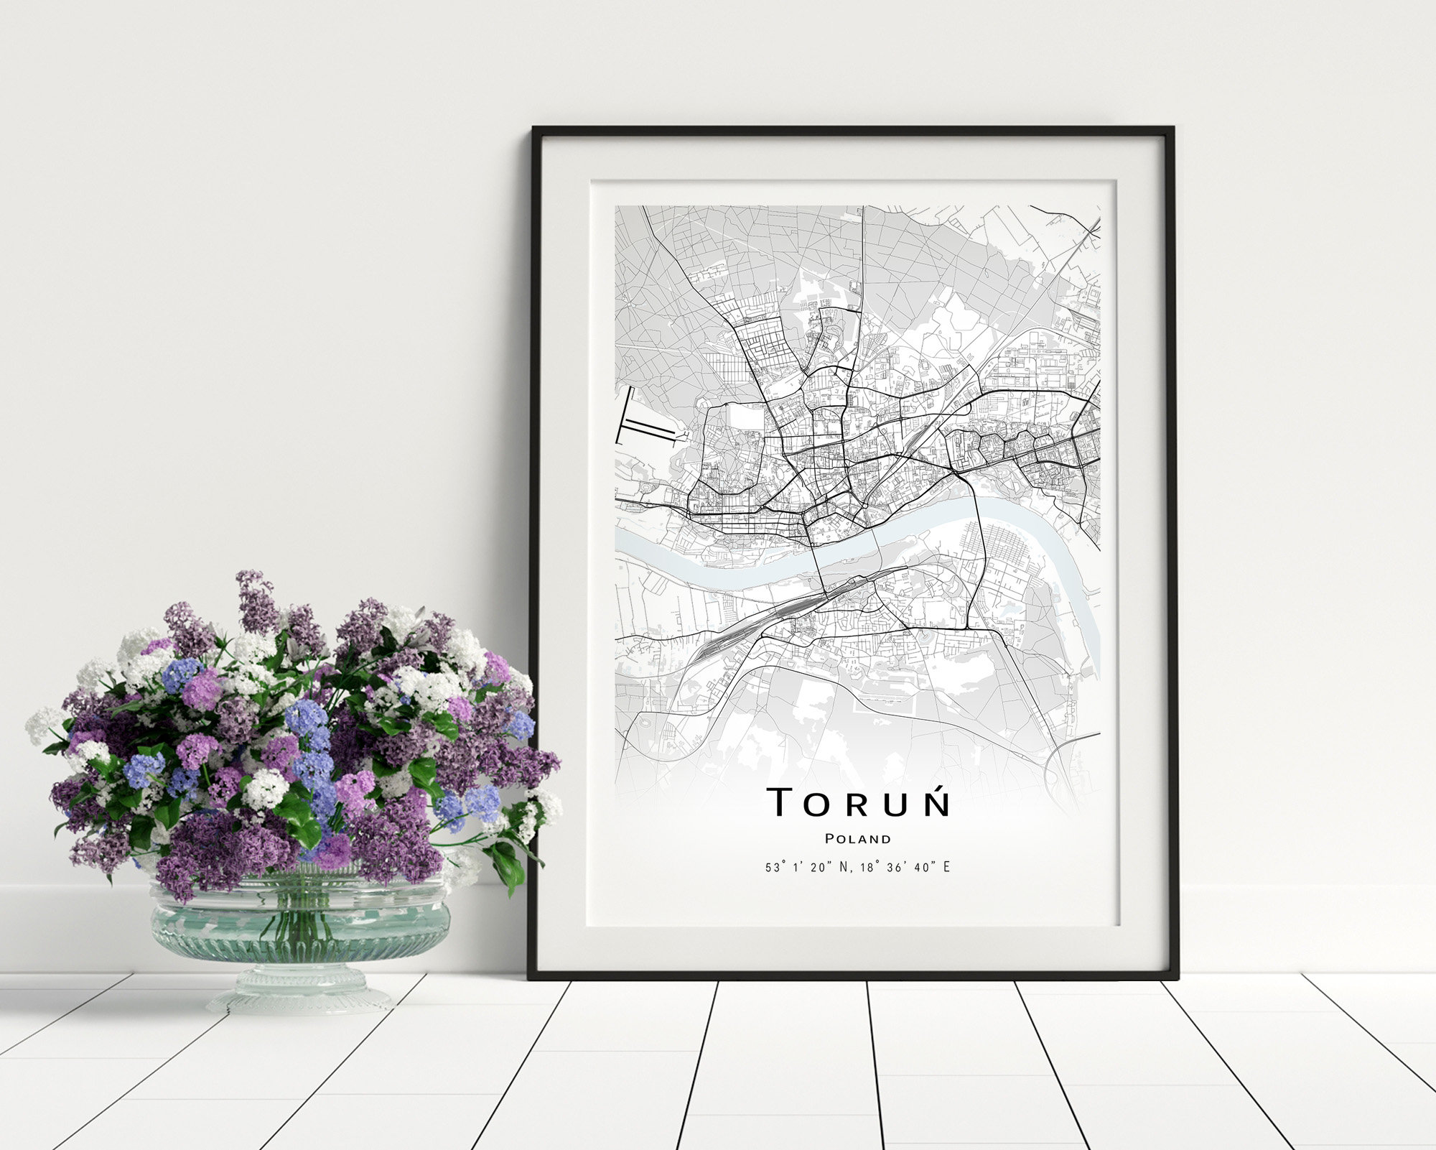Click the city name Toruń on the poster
click(x=859, y=802)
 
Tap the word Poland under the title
click(x=858, y=839)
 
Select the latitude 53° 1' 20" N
click(x=807, y=868)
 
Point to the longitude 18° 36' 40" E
click(x=905, y=868)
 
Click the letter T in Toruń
click(x=780, y=802)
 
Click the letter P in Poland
click(x=829, y=839)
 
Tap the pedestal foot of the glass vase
click(x=300, y=994)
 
